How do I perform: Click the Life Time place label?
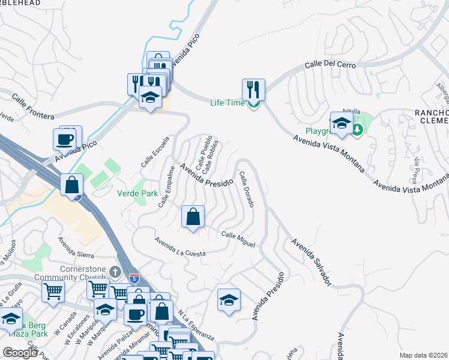pyautogui.click(x=227, y=102)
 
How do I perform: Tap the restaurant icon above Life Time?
pyautogui.click(x=253, y=89)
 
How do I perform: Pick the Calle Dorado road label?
pyautogui.click(x=247, y=190)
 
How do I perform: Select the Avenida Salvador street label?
pyautogui.click(x=311, y=262)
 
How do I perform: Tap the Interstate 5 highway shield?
pyautogui.click(x=136, y=278)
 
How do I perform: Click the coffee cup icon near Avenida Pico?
pyautogui.click(x=64, y=139)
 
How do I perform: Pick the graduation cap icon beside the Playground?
pyautogui.click(x=342, y=123)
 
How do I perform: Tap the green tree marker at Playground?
pyautogui.click(x=358, y=130)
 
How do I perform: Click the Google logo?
pyautogui.click(x=19, y=352)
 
